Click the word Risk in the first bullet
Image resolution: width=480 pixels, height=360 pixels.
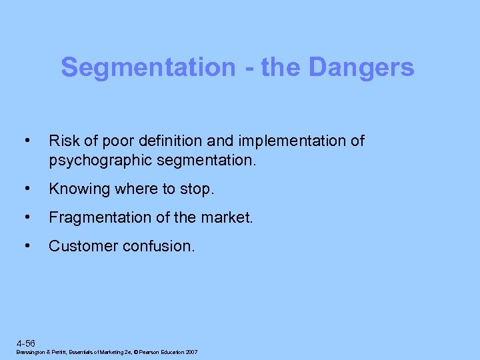tap(62, 141)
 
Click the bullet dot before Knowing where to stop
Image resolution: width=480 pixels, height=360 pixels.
tap(27, 189)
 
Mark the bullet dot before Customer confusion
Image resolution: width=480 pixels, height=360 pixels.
tap(27, 246)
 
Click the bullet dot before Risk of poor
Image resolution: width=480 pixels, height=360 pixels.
tap(27, 141)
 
